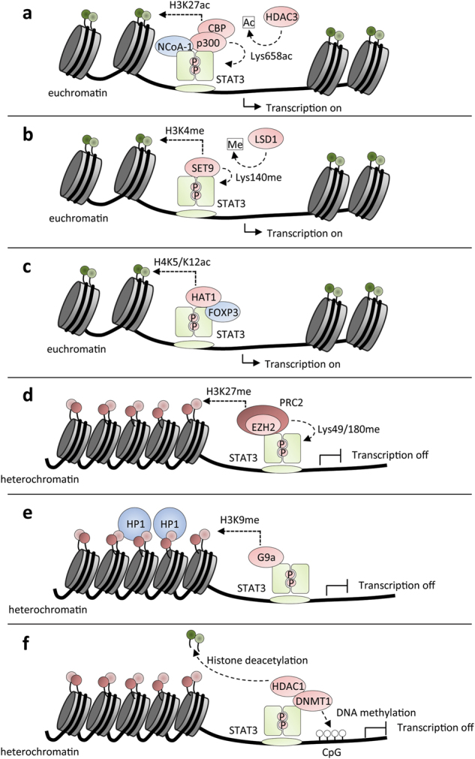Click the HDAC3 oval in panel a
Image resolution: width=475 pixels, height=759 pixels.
coord(281,17)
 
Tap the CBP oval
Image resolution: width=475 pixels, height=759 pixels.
coord(217,28)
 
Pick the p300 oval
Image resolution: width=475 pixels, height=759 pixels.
coord(208,43)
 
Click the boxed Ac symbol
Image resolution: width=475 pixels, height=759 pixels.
coord(248,23)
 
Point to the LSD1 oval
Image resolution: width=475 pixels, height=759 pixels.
coord(266,139)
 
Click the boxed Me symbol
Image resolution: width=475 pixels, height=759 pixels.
coord(235,144)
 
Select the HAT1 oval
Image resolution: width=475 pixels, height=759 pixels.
coord(203,297)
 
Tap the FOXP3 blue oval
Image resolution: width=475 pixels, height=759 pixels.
coord(223,312)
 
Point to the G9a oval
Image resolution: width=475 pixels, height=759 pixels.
coord(266,558)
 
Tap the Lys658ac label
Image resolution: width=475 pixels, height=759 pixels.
coord(272,56)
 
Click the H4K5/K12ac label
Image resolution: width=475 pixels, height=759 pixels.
coord(182,262)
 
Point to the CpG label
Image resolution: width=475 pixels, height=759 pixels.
coord(332,752)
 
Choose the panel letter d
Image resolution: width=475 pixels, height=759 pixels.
coord(28,396)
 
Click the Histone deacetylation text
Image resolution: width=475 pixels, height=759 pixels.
coord(257,660)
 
